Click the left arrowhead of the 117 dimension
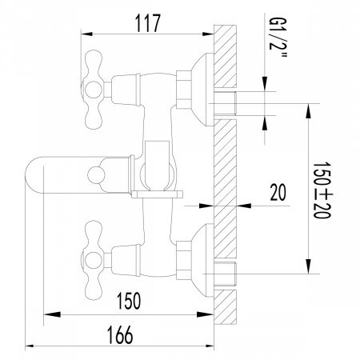(x=87, y=33)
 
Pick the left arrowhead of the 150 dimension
(x=46, y=314)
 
